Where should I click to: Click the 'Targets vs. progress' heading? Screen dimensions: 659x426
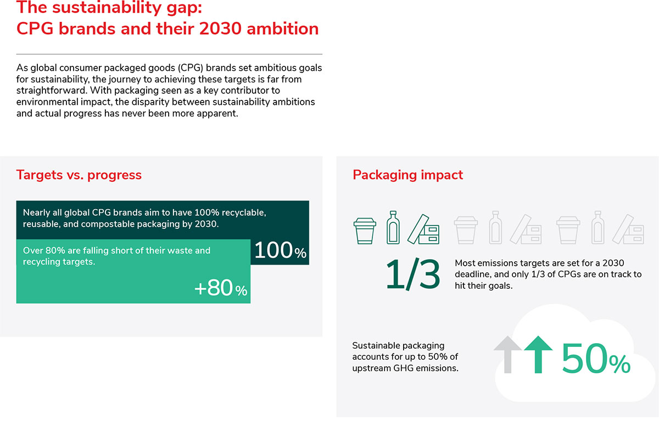(x=79, y=175)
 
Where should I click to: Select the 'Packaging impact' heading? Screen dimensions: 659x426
(x=407, y=175)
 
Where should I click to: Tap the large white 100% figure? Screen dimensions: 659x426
(x=280, y=250)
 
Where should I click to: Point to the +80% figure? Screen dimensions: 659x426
(x=221, y=288)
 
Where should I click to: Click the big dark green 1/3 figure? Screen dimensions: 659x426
(x=413, y=274)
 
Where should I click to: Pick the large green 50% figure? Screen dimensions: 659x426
(x=596, y=358)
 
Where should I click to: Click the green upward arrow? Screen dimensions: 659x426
(x=538, y=355)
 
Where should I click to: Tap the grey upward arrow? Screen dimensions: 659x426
(x=507, y=355)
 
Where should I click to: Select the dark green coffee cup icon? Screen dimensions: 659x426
(x=365, y=231)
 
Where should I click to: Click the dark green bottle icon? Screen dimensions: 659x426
(x=393, y=228)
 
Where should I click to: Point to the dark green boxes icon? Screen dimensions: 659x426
(x=423, y=229)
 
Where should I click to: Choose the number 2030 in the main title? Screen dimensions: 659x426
(x=220, y=29)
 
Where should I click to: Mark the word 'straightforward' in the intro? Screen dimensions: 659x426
(x=51, y=91)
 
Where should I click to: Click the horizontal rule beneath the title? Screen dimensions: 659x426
(x=169, y=54)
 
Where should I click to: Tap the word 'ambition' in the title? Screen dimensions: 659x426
(x=282, y=29)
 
